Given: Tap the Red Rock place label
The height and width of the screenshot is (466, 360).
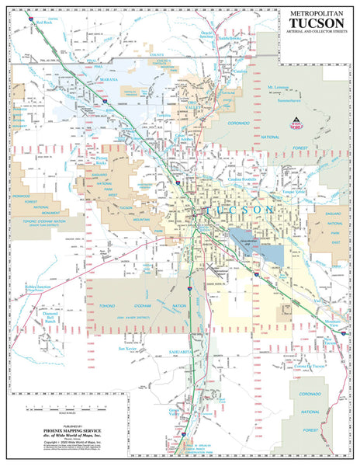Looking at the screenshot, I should click(42, 23).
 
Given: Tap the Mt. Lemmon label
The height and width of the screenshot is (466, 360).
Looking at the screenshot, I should click(282, 87).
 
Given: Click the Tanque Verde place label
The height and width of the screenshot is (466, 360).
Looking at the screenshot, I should click(294, 190).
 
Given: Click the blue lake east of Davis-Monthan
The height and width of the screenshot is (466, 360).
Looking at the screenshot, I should click(268, 252).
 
